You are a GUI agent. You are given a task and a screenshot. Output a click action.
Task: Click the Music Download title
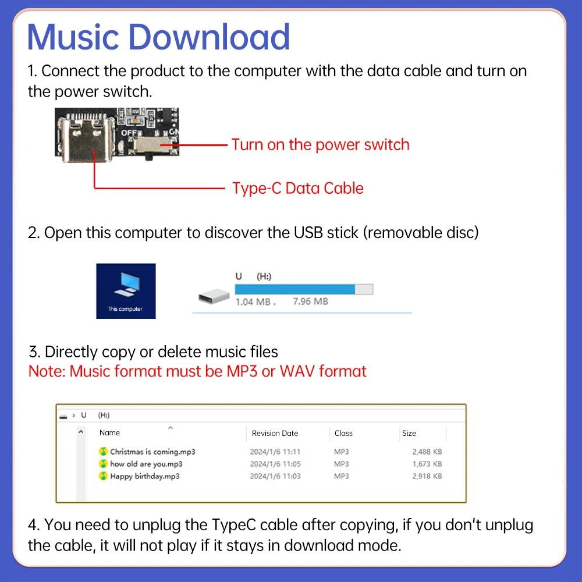(158, 37)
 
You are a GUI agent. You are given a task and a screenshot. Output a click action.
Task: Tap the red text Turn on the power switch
(320, 144)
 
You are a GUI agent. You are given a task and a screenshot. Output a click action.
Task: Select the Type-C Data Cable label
(297, 188)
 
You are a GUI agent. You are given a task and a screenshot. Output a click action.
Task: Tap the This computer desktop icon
(126, 291)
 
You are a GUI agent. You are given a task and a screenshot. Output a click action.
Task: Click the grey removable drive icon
(214, 296)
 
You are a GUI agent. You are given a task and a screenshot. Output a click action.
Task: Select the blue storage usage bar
(294, 289)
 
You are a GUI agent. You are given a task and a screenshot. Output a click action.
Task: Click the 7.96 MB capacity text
(310, 301)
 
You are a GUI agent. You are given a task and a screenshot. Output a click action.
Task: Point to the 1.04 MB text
(253, 301)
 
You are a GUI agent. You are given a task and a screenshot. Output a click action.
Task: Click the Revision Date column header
(275, 433)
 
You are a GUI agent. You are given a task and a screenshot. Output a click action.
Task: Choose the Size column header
(409, 433)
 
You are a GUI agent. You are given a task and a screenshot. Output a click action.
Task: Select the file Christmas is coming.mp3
(152, 452)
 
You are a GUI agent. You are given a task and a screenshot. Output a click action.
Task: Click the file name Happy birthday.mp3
(145, 476)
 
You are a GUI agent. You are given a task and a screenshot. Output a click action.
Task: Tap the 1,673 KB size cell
(427, 464)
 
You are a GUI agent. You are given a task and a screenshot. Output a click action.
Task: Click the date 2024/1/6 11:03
(275, 476)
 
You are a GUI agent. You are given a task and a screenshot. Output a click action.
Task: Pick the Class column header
(343, 433)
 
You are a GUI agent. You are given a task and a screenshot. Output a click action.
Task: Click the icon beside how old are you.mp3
(103, 464)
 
